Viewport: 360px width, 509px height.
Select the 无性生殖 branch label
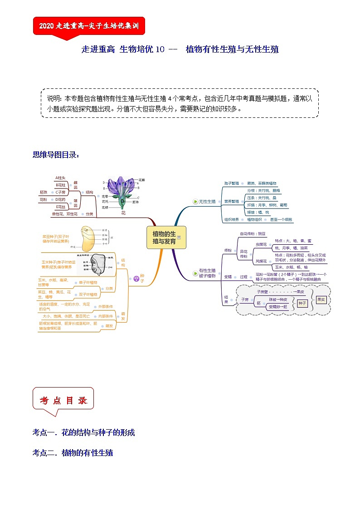(x=207, y=201)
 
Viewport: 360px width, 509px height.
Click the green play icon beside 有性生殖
(x=195, y=274)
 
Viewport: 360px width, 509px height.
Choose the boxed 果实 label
(x=321, y=300)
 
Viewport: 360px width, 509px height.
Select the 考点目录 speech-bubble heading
(x=63, y=401)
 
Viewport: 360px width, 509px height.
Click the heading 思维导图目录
(x=56, y=155)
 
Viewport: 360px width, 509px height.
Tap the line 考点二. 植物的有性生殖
(x=73, y=452)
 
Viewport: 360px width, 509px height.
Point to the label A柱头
(x=60, y=178)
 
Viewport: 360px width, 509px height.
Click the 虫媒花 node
(x=262, y=244)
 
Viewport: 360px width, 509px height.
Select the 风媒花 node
(x=262, y=261)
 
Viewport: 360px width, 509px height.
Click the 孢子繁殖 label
(x=231, y=183)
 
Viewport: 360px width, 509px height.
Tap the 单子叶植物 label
(x=88, y=282)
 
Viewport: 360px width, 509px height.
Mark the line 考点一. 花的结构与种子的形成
(x=83, y=432)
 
